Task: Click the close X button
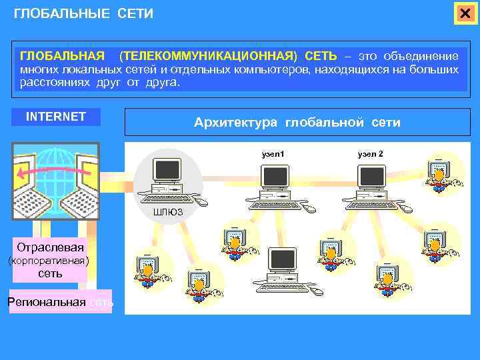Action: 465,14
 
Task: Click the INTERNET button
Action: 56,117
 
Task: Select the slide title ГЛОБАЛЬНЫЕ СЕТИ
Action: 83,13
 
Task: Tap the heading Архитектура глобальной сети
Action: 297,122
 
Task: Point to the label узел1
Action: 273,154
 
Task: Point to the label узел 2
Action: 370,154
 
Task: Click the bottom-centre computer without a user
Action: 283,270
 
